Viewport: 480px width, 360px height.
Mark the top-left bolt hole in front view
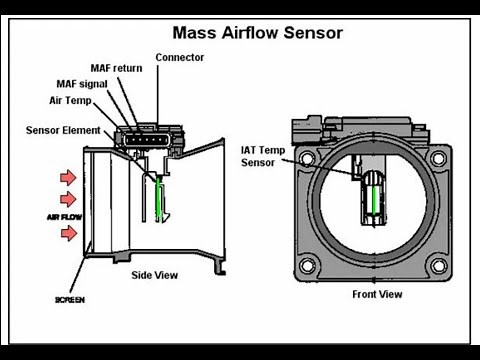308,160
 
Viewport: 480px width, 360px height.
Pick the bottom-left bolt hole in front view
308,264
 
